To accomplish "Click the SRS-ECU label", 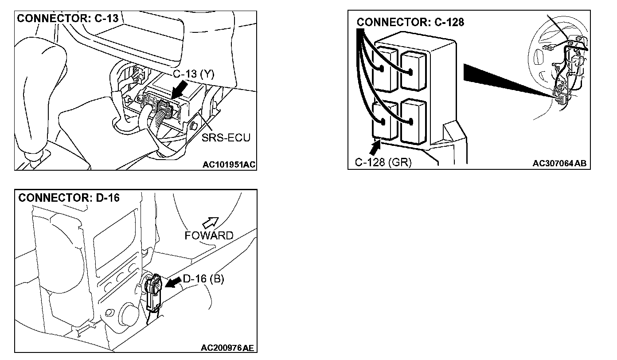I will point(226,138).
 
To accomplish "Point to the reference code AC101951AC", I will point(229,165).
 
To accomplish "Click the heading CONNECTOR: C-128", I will point(410,22).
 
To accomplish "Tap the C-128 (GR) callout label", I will point(383,163).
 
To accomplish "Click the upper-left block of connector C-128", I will point(385,70).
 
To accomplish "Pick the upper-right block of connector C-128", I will point(414,70).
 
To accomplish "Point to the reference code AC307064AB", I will point(559,164).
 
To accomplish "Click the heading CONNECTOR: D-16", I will point(69,198).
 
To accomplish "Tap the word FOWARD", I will point(209,235).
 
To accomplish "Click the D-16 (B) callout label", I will point(203,279).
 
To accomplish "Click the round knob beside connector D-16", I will point(129,314).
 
